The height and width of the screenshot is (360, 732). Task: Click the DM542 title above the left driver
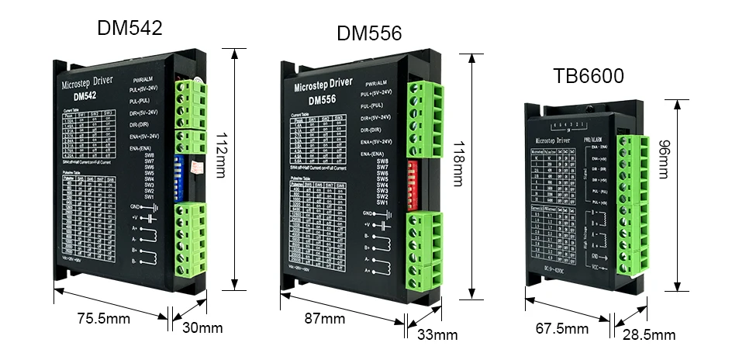coord(129,28)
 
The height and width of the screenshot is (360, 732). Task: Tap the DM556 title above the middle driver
coord(368,33)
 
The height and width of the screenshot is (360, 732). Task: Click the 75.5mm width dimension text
coord(104,317)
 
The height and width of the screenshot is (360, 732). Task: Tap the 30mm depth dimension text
coord(202,327)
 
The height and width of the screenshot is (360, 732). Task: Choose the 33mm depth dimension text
coord(437,335)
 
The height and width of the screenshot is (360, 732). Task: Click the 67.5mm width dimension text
coord(562,328)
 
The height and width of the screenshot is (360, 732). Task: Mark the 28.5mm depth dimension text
coord(649,335)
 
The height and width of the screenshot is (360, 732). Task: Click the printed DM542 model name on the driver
coord(86,97)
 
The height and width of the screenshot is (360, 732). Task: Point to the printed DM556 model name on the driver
coord(321,100)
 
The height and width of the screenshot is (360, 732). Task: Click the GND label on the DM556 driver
coord(368,213)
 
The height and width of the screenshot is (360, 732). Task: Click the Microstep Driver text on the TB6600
coord(552,140)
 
